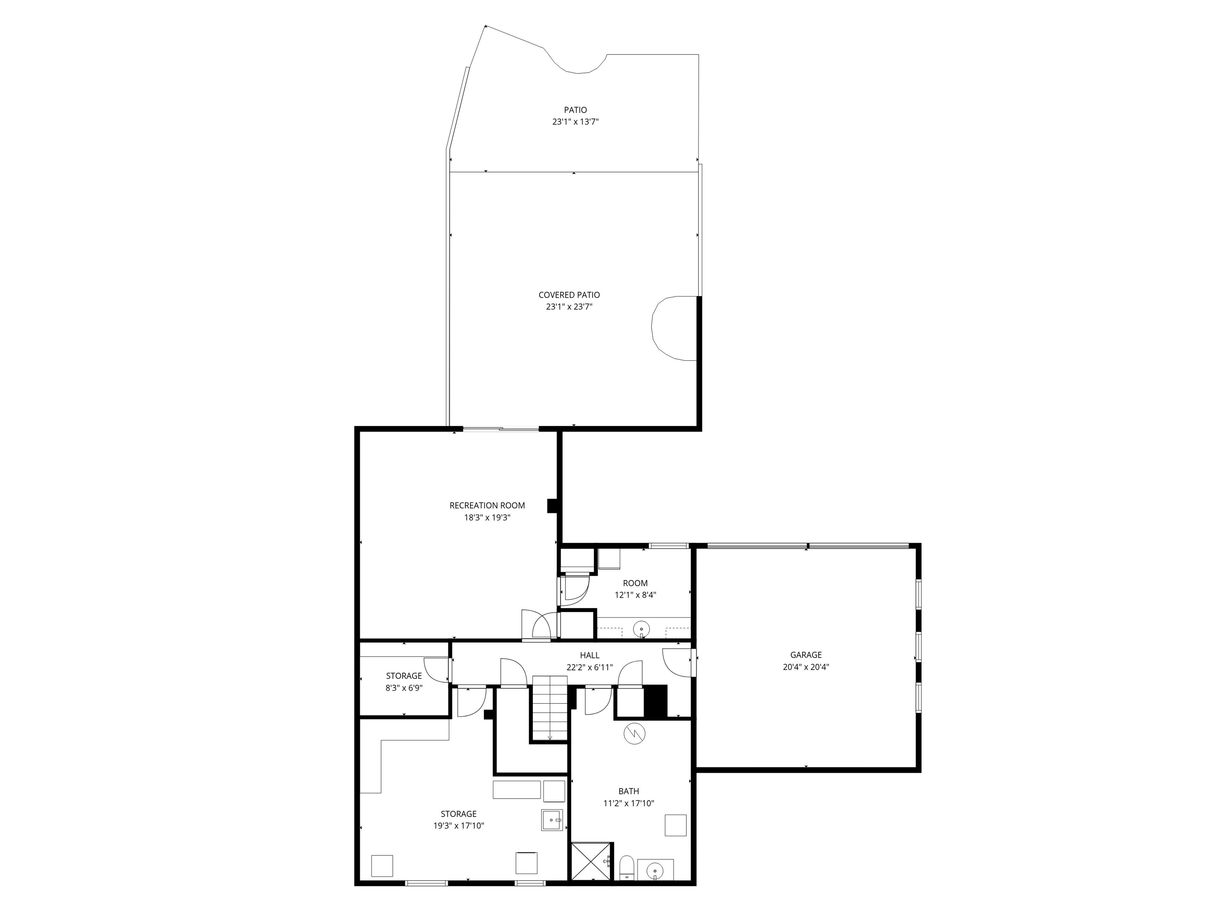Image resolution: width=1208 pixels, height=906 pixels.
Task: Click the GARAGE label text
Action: click(805, 655)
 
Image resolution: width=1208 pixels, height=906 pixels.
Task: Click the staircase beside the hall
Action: click(549, 708)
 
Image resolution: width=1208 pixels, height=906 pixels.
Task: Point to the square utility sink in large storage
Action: click(551, 820)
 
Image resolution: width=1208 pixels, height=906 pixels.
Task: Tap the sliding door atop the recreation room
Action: click(501, 429)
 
